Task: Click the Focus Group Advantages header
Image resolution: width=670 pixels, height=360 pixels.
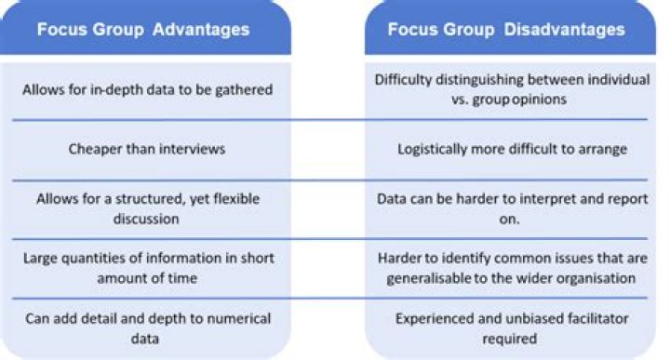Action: point(143,29)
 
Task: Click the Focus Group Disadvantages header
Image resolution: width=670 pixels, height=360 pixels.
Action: point(507,29)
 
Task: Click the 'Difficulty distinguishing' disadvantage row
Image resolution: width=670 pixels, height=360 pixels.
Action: point(511,89)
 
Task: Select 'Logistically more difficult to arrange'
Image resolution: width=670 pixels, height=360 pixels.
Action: point(511,148)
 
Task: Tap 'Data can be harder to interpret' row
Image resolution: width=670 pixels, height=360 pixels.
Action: point(511,207)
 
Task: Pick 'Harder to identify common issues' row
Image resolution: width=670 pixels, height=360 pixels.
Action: point(511,266)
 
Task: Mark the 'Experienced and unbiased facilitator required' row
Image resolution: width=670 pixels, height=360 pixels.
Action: point(511,327)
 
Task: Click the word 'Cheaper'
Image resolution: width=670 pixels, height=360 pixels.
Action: point(96,148)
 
